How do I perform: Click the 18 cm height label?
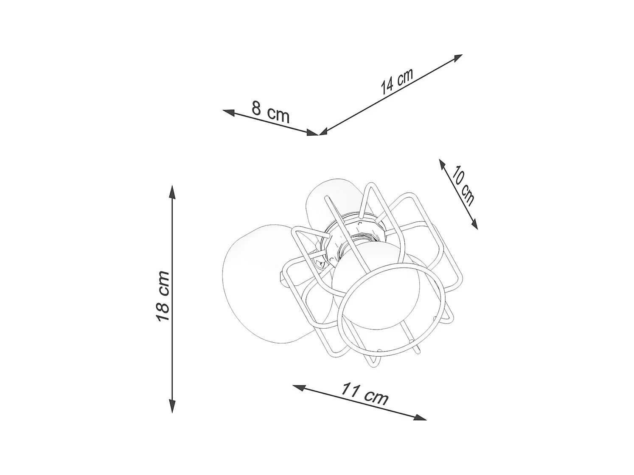pos(163,296)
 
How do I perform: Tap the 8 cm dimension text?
pos(270,112)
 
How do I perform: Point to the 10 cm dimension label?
pos(463,187)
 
